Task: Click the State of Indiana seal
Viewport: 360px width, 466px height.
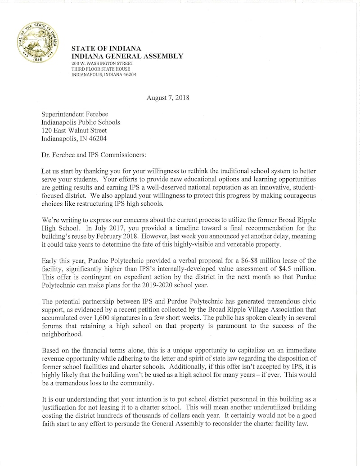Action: coord(40,43)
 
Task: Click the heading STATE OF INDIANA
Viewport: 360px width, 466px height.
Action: coord(107,49)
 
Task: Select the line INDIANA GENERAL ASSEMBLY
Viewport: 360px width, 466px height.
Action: coord(127,56)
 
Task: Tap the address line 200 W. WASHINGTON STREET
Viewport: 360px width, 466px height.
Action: coord(102,63)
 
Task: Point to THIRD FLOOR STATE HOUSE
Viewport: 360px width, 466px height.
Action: coord(101,69)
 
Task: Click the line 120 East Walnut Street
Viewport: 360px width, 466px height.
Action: coord(74,131)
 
